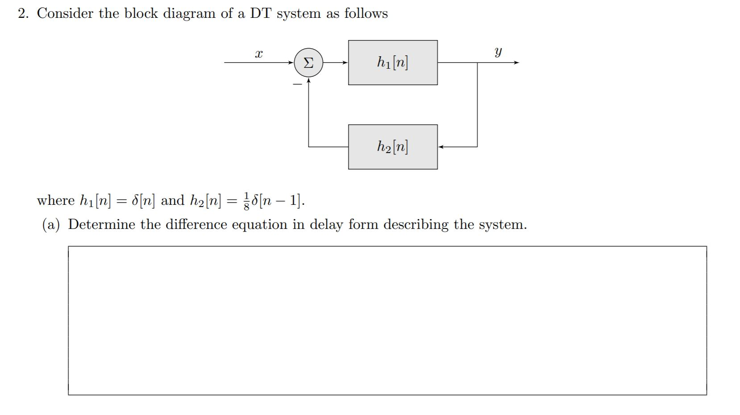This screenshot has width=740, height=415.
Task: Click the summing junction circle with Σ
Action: point(308,63)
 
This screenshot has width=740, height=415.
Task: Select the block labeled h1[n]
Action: point(392,62)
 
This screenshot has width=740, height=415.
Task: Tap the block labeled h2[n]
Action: point(392,147)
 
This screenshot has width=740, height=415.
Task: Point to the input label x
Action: point(258,54)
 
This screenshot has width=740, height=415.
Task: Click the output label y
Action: point(498,53)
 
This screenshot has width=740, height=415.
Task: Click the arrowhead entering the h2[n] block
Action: point(441,146)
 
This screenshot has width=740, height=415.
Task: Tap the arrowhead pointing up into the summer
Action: point(308,81)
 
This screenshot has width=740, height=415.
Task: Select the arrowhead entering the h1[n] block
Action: point(345,62)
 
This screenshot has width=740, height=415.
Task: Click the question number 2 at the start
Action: point(23,13)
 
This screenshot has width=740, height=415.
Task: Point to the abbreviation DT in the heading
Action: point(261,13)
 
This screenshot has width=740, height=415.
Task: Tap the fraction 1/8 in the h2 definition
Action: point(247,200)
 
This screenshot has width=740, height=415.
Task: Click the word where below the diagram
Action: point(56,200)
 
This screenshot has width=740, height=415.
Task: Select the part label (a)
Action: point(51,224)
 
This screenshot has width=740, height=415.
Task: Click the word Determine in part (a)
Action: point(101,224)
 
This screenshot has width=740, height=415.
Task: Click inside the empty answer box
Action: point(387,320)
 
